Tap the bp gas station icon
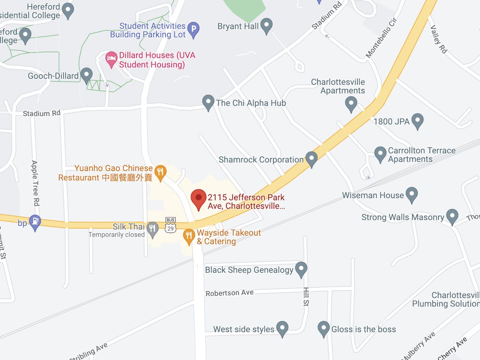point(35,222)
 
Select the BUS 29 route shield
point(170,225)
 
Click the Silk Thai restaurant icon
point(153,228)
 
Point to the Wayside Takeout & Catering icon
point(189,235)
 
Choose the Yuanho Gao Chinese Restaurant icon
point(161,171)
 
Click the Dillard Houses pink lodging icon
point(111,59)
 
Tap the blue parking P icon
point(193,30)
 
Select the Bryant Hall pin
point(266,25)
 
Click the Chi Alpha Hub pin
point(208,102)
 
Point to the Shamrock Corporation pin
point(312,158)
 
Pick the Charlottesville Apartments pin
point(351,103)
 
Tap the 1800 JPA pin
point(418,121)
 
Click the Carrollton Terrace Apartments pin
point(380,154)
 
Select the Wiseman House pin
point(412,194)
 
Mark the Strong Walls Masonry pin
point(452,216)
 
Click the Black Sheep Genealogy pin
point(301,269)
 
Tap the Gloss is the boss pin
point(324,328)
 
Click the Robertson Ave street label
point(229,293)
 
